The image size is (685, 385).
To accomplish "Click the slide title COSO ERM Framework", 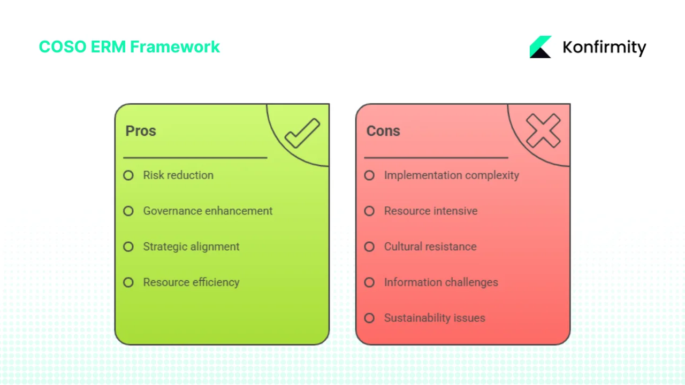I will click(129, 47).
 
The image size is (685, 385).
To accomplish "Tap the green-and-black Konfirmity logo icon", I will click(541, 47).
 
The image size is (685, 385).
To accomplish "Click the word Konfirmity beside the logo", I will click(604, 48).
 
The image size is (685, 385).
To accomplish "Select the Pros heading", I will click(141, 131).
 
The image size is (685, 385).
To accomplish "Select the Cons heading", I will click(383, 131).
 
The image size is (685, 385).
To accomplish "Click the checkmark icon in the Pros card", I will click(302, 133).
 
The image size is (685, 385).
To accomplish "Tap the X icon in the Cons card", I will click(543, 131).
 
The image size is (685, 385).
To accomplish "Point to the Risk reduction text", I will click(178, 175).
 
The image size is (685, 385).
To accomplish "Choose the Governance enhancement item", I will click(208, 211).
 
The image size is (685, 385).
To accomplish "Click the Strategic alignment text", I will click(191, 247).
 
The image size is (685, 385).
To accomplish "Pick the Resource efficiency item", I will click(191, 282).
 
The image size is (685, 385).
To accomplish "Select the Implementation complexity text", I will click(451, 175).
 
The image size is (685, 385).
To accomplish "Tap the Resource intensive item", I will click(430, 211).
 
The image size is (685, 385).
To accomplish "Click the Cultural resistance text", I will click(430, 247).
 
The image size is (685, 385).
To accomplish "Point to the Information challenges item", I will click(440, 282).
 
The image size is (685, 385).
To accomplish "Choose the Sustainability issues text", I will click(434, 318).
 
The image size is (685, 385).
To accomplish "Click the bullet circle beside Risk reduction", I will click(128, 175).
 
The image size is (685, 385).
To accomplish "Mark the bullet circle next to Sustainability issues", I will click(369, 318).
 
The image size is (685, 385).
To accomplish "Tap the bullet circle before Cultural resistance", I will click(369, 247).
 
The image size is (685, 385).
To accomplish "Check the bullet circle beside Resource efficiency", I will click(128, 282).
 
